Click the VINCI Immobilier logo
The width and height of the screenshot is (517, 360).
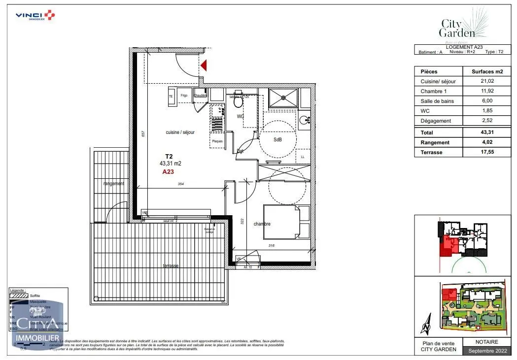click(35, 15)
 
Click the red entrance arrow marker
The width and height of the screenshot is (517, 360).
click(203, 65)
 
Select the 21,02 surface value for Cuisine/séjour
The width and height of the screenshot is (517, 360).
click(487, 81)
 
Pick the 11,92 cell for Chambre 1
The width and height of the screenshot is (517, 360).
click(487, 91)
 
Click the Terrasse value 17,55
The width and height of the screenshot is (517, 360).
click(487, 152)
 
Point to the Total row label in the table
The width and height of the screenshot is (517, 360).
click(427, 132)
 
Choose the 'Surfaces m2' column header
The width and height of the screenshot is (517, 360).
click(487, 71)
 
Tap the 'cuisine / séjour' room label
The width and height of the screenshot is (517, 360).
click(180, 132)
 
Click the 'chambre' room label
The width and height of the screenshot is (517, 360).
click(262, 224)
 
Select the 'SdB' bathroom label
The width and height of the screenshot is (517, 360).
click(278, 139)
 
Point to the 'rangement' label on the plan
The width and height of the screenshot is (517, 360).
click(113, 183)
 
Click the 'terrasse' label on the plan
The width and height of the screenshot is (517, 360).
click(171, 265)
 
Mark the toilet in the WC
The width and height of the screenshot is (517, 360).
click(238, 102)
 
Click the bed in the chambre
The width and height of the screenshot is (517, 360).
click(281, 222)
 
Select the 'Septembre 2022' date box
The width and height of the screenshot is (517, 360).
click(486, 351)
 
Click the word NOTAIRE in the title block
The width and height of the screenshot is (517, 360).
click(486, 342)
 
